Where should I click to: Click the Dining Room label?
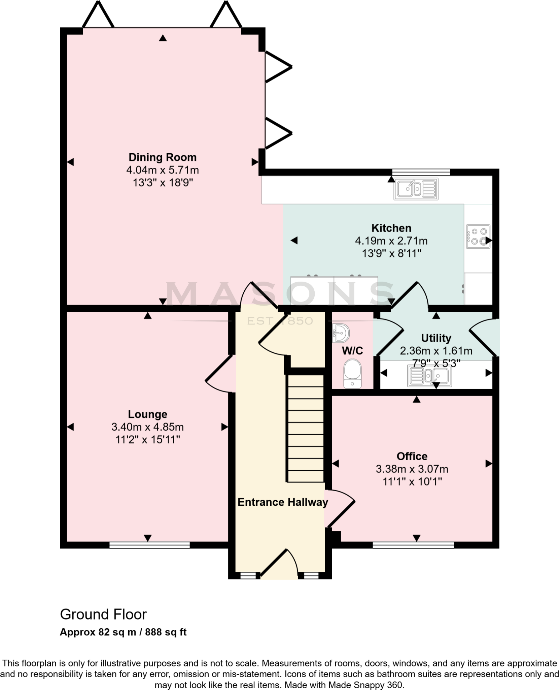point(162,157)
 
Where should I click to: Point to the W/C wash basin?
point(341,334)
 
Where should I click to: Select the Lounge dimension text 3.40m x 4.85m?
point(147,427)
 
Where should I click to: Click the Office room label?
point(412,456)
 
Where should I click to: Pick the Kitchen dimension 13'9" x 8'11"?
point(391,254)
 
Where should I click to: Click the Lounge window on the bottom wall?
point(149,545)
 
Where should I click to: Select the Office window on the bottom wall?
point(413,545)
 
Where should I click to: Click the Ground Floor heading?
point(103,615)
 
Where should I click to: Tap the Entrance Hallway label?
point(283,502)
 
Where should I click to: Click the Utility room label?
point(436,338)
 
